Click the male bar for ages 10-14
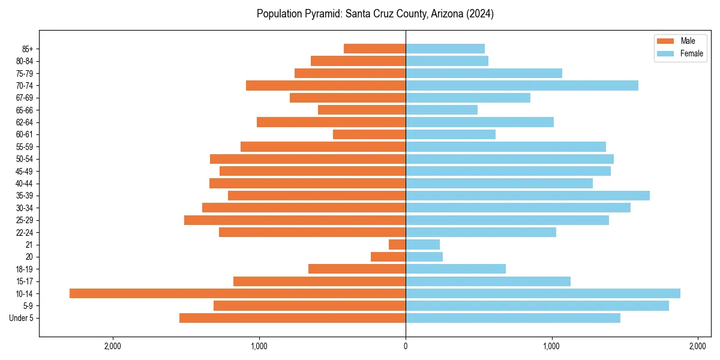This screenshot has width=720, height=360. pyautogui.click(x=238, y=293)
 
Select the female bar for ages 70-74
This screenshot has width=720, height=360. pyautogui.click(x=522, y=85)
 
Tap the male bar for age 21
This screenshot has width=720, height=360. pyautogui.click(x=397, y=245)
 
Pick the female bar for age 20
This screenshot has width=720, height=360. pyautogui.click(x=424, y=257)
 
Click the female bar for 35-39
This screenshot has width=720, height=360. pyautogui.click(x=527, y=196)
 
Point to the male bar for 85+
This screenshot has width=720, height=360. pyautogui.click(x=374, y=49)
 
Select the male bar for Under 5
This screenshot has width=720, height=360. pyautogui.click(x=292, y=318)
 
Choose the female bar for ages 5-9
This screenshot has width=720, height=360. pyautogui.click(x=537, y=306)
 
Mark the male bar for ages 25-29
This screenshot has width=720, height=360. pyautogui.click(x=295, y=220)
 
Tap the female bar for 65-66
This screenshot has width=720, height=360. pyautogui.click(x=442, y=110)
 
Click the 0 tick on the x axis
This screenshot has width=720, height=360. pyautogui.click(x=406, y=346)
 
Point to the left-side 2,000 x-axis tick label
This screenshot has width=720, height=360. pyautogui.click(x=113, y=346)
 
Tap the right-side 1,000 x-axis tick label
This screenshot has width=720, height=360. pyautogui.click(x=552, y=346)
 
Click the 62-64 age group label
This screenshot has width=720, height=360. pyautogui.click(x=25, y=122)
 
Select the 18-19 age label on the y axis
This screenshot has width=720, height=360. pyautogui.click(x=25, y=269)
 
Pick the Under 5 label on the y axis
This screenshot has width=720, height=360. pyautogui.click(x=21, y=318)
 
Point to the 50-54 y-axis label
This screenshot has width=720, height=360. pyautogui.click(x=25, y=159)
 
